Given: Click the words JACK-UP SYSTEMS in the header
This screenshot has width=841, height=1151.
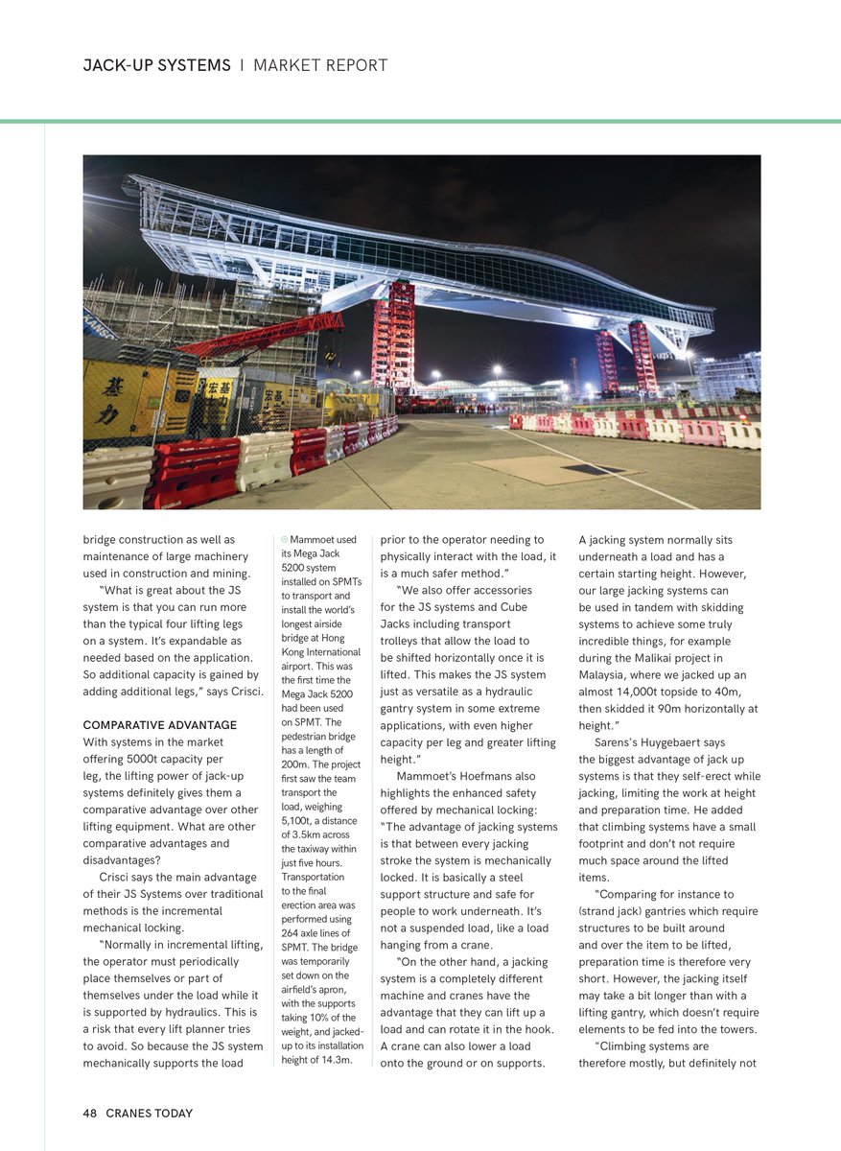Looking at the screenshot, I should (156, 66).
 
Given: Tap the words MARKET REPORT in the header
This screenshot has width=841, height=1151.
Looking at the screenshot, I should (320, 66).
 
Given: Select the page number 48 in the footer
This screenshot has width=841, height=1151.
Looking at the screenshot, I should (90, 1114).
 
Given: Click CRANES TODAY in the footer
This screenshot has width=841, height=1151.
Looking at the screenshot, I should (149, 1114).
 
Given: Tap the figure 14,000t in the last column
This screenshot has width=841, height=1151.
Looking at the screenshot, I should (647, 692).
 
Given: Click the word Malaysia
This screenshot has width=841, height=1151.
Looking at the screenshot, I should (608, 675).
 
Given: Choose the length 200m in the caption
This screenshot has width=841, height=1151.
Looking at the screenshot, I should (295, 764).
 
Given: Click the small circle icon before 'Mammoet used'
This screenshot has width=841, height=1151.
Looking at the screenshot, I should (285, 540).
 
